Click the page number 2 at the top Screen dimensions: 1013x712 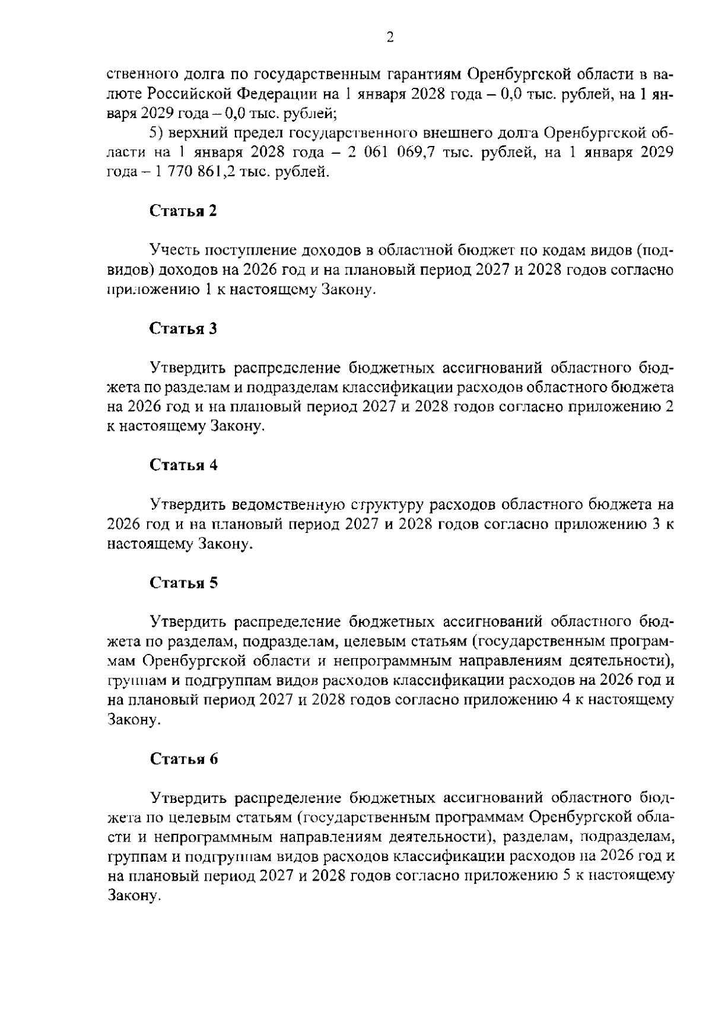pos(390,38)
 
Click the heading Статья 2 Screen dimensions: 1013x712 pos(183,211)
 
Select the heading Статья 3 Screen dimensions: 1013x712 pos(183,329)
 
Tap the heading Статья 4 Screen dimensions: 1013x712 pos(183,465)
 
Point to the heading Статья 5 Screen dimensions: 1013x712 pos(183,583)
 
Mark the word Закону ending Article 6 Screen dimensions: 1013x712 pos(133,896)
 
